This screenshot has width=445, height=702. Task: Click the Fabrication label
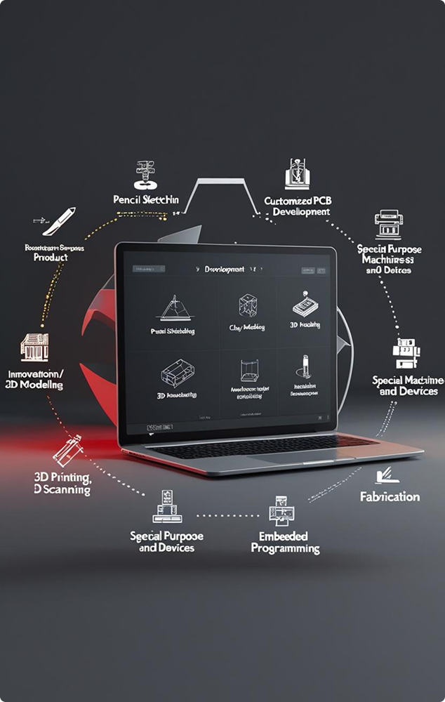[390, 497]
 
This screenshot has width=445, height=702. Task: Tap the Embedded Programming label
[285, 541]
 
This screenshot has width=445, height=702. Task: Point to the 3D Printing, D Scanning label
[62, 484]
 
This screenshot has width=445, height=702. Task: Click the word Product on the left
[51, 258]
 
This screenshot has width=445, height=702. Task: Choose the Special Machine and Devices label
[408, 385]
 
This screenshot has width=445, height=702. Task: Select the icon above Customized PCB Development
[298, 174]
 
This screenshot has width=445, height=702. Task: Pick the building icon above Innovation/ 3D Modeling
[35, 347]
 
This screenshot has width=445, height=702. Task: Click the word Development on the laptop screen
[224, 269]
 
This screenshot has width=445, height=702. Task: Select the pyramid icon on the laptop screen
[172, 308]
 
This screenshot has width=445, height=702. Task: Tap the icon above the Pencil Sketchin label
[145, 175]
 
